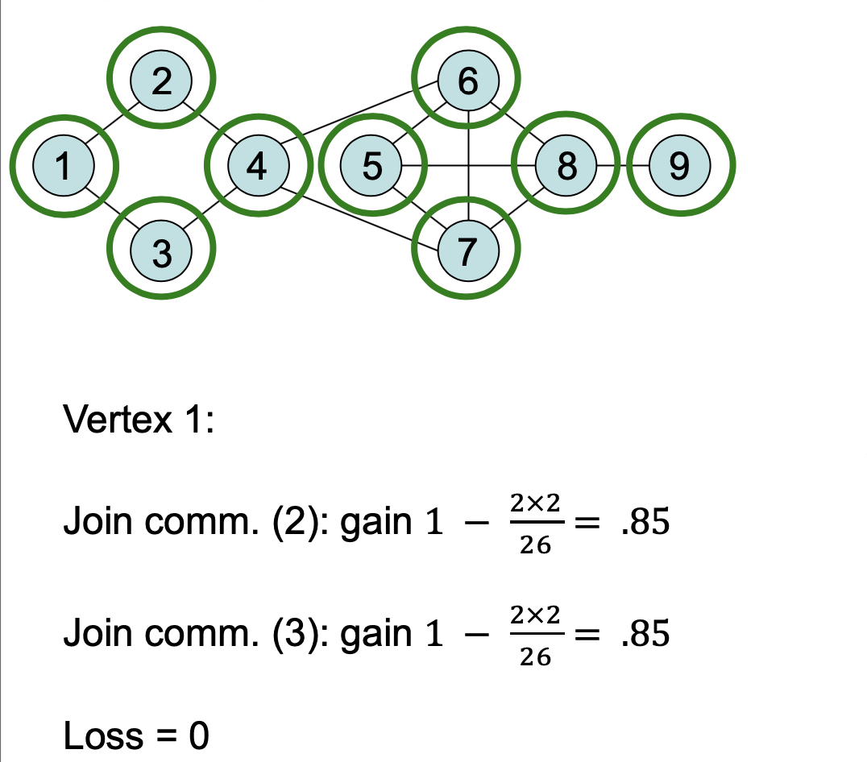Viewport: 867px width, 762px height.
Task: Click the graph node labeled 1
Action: click(64, 165)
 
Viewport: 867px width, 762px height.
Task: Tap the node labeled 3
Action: click(162, 252)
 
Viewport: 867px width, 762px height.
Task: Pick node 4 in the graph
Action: click(259, 165)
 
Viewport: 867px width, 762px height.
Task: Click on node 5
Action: click(371, 165)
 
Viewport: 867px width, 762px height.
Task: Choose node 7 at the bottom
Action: click(468, 252)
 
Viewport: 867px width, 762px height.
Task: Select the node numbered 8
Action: click(567, 165)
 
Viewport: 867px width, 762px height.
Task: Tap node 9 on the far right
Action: click(680, 165)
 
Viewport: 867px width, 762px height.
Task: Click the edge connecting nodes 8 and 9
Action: click(623, 165)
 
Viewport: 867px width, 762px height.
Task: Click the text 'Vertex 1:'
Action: click(139, 420)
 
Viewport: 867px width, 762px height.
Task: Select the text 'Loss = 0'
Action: click(135, 736)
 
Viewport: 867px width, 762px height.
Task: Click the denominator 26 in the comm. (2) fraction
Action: click(535, 546)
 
